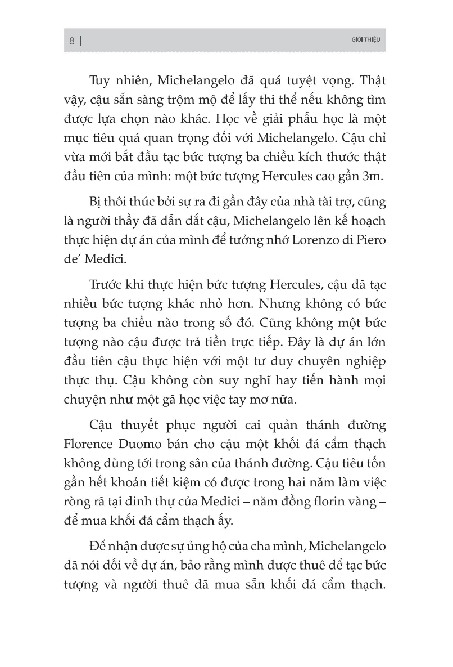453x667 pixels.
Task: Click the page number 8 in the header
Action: click(71, 41)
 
